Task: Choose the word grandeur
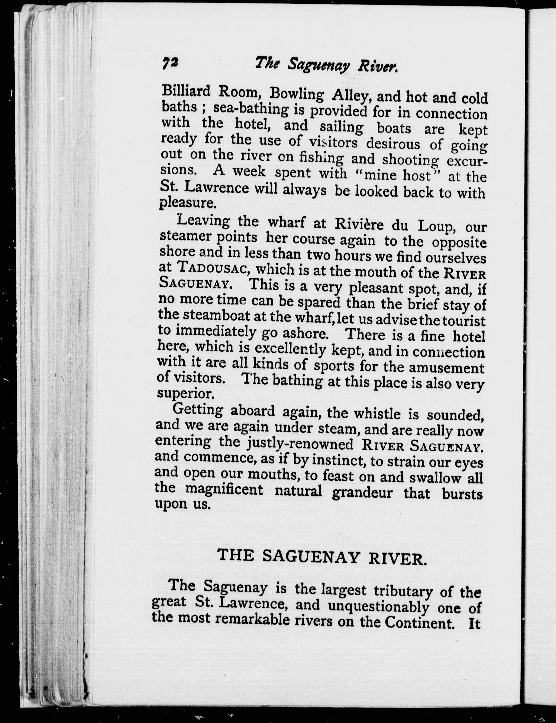[x=362, y=493]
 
